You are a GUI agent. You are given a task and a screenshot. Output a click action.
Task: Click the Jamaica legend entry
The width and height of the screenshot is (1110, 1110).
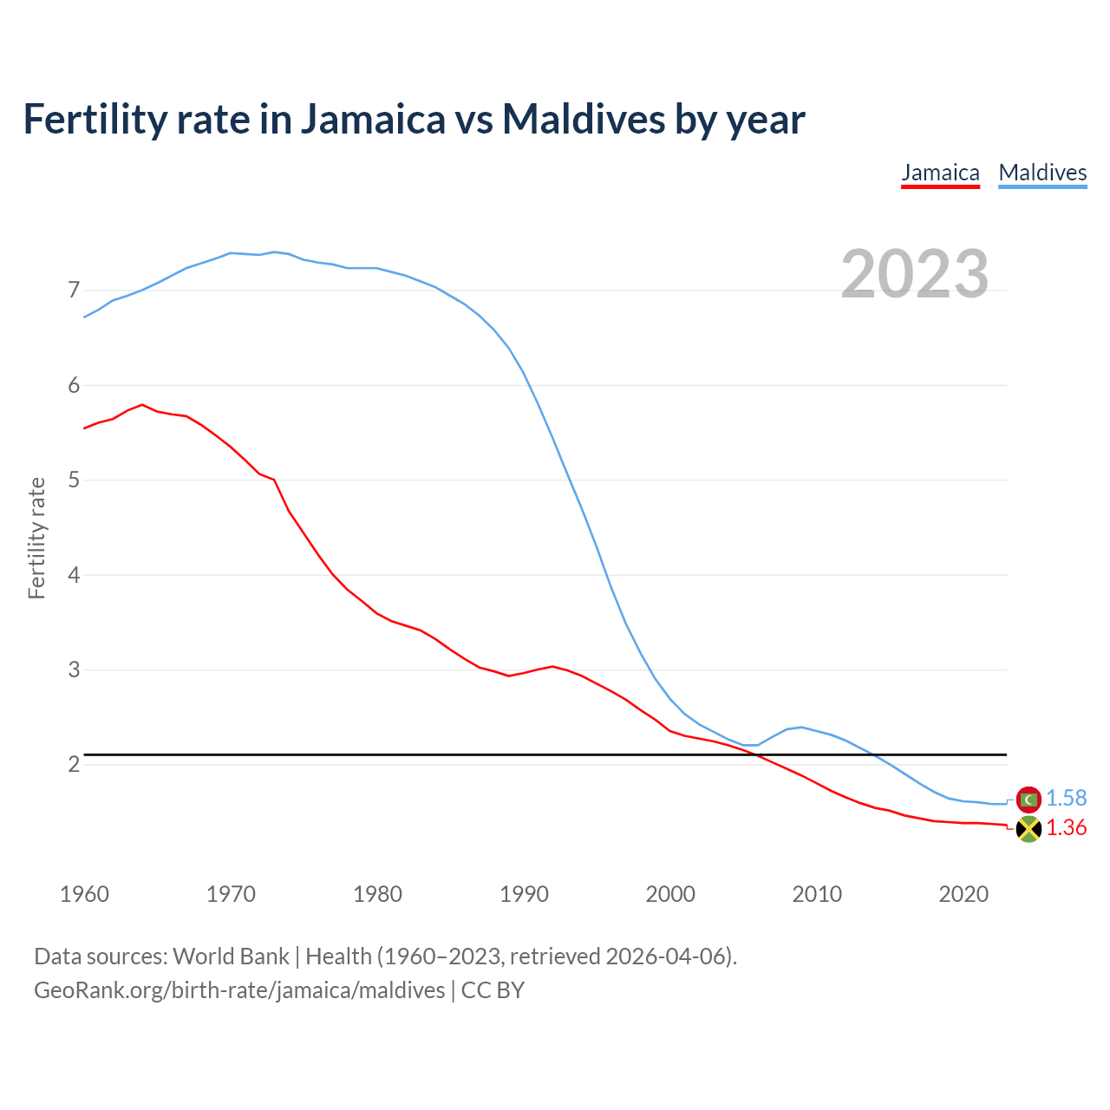(x=940, y=173)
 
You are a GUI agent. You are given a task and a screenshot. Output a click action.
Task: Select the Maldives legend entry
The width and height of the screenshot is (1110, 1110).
(x=1042, y=173)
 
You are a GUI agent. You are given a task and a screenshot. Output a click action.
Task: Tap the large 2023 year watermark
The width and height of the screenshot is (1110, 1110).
(x=914, y=274)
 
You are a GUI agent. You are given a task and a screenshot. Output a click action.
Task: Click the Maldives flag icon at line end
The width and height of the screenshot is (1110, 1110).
(x=1028, y=799)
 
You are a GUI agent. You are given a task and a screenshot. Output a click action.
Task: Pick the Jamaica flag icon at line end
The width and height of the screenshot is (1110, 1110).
(x=1028, y=829)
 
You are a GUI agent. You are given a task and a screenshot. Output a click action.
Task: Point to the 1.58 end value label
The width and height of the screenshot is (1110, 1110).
(x=1066, y=799)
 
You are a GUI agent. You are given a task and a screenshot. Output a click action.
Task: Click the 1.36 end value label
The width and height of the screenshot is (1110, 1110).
(x=1066, y=828)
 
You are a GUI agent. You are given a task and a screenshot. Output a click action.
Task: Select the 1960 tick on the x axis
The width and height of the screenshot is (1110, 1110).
(x=84, y=894)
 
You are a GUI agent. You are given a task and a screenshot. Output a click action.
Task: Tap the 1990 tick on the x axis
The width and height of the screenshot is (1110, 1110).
(x=524, y=894)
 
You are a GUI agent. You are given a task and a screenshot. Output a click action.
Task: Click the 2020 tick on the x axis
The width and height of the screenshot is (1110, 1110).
(x=963, y=894)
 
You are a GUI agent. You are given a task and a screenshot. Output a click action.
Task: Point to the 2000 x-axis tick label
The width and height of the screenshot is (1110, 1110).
(x=670, y=894)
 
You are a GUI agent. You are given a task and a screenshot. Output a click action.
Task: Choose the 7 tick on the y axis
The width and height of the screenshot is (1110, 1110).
(x=74, y=291)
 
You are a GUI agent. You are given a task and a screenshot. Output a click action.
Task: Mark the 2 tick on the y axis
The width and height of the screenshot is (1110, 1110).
(x=74, y=765)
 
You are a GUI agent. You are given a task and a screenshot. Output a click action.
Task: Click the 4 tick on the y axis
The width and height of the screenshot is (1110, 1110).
(x=74, y=575)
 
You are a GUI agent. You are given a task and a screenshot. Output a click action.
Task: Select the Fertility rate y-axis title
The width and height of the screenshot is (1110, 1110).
(x=36, y=538)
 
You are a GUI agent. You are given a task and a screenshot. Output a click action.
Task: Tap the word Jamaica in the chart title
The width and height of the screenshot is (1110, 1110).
(x=373, y=119)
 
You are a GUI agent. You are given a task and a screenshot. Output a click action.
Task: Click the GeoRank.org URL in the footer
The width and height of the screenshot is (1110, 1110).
(x=239, y=990)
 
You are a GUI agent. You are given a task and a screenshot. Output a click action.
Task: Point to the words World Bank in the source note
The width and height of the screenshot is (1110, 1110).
(x=231, y=957)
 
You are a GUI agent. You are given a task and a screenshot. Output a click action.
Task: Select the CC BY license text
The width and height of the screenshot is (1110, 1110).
(x=493, y=990)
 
